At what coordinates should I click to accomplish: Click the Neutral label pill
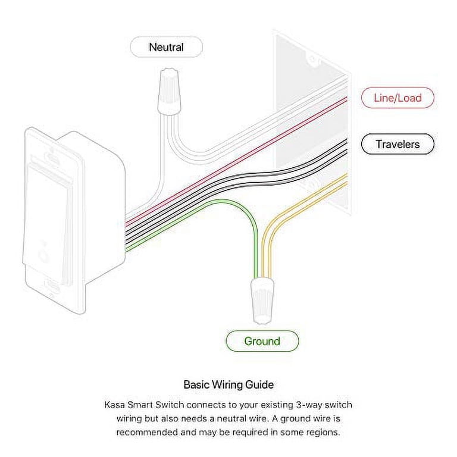[x=166, y=47]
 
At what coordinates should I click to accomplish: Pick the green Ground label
[x=262, y=341]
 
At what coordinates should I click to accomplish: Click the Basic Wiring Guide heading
[x=228, y=384]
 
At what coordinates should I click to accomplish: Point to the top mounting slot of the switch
[x=52, y=159]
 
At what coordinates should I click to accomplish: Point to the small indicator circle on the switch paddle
[x=42, y=253]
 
